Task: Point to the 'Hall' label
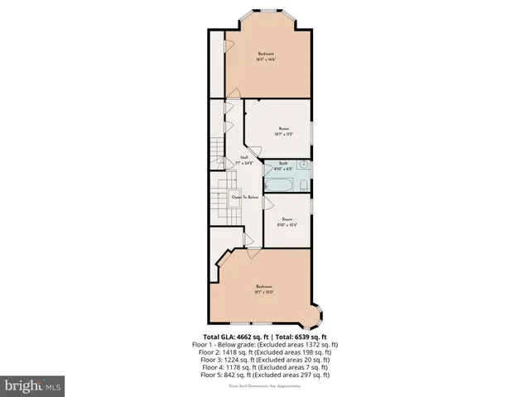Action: coord(244,157)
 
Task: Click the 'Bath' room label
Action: coord(283,163)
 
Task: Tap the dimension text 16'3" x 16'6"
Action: coord(265,60)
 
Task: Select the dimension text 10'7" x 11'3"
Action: coord(283,134)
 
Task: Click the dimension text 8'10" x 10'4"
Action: coord(287,224)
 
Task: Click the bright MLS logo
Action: coord(33,385)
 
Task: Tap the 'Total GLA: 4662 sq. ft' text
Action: coord(237,337)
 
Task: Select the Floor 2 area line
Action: coord(264,352)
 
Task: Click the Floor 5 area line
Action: coord(264,374)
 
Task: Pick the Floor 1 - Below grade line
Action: coord(264,344)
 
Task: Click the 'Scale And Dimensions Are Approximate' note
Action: coord(264,384)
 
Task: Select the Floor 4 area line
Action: coord(264,366)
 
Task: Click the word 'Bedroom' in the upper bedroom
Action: coord(265,54)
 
